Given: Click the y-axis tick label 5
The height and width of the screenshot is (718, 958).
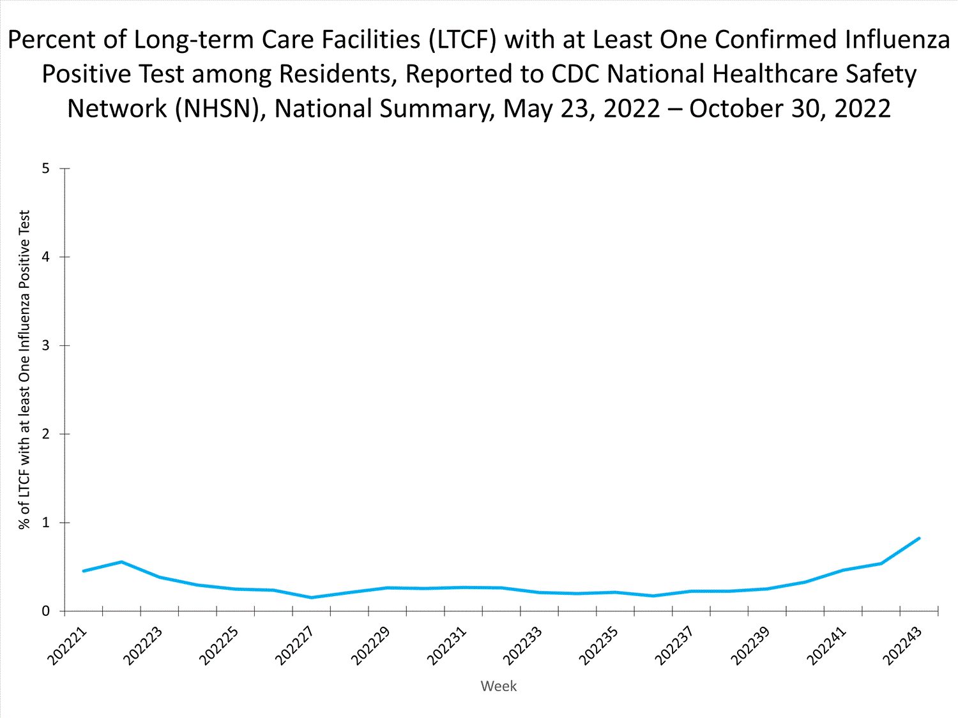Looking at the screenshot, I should pos(45,168).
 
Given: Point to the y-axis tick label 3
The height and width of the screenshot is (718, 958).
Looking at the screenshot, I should pos(45,345).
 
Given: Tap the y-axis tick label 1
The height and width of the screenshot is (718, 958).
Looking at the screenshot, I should pos(45,523).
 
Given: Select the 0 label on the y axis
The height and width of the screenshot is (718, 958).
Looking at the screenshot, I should pos(45,611).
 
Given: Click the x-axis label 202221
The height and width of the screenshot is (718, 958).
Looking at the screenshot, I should pos(68,646).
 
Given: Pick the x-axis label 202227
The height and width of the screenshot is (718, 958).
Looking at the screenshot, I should pos(294,646).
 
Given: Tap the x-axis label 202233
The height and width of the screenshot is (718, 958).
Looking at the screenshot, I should pos(522,646).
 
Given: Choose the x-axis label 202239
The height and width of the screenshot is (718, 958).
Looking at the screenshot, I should pos(750,646).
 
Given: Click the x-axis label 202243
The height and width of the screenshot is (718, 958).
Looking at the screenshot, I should pos(902,646).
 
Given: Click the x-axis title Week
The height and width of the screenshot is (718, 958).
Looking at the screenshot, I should pos(498,686).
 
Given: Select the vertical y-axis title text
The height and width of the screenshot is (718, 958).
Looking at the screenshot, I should pos(24,370).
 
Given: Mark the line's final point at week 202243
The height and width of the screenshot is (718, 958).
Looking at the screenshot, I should pos(919,538).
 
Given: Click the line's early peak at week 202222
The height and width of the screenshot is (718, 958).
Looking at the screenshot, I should pos(121,562).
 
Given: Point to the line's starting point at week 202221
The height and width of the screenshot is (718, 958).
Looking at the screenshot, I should pos(84,571).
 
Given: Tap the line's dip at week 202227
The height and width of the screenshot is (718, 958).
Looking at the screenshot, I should pos(311,597).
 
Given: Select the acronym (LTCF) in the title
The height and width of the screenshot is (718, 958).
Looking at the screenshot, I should pos(461,40).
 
